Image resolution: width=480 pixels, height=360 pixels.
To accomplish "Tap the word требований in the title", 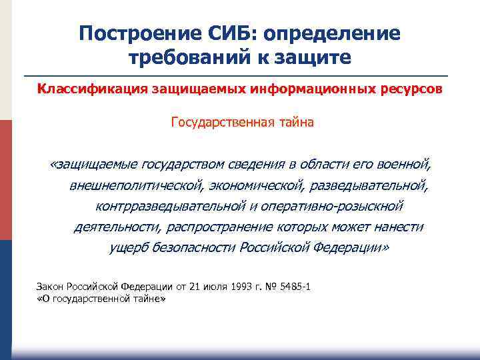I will [187, 57].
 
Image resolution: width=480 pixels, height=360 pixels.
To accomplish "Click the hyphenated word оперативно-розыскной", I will [326, 206].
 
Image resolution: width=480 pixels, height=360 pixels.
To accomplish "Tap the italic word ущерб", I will [126, 248].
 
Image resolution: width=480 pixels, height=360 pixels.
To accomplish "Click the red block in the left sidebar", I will [6, 180].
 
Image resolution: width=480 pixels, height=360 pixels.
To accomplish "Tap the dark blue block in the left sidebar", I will [6, 293].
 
